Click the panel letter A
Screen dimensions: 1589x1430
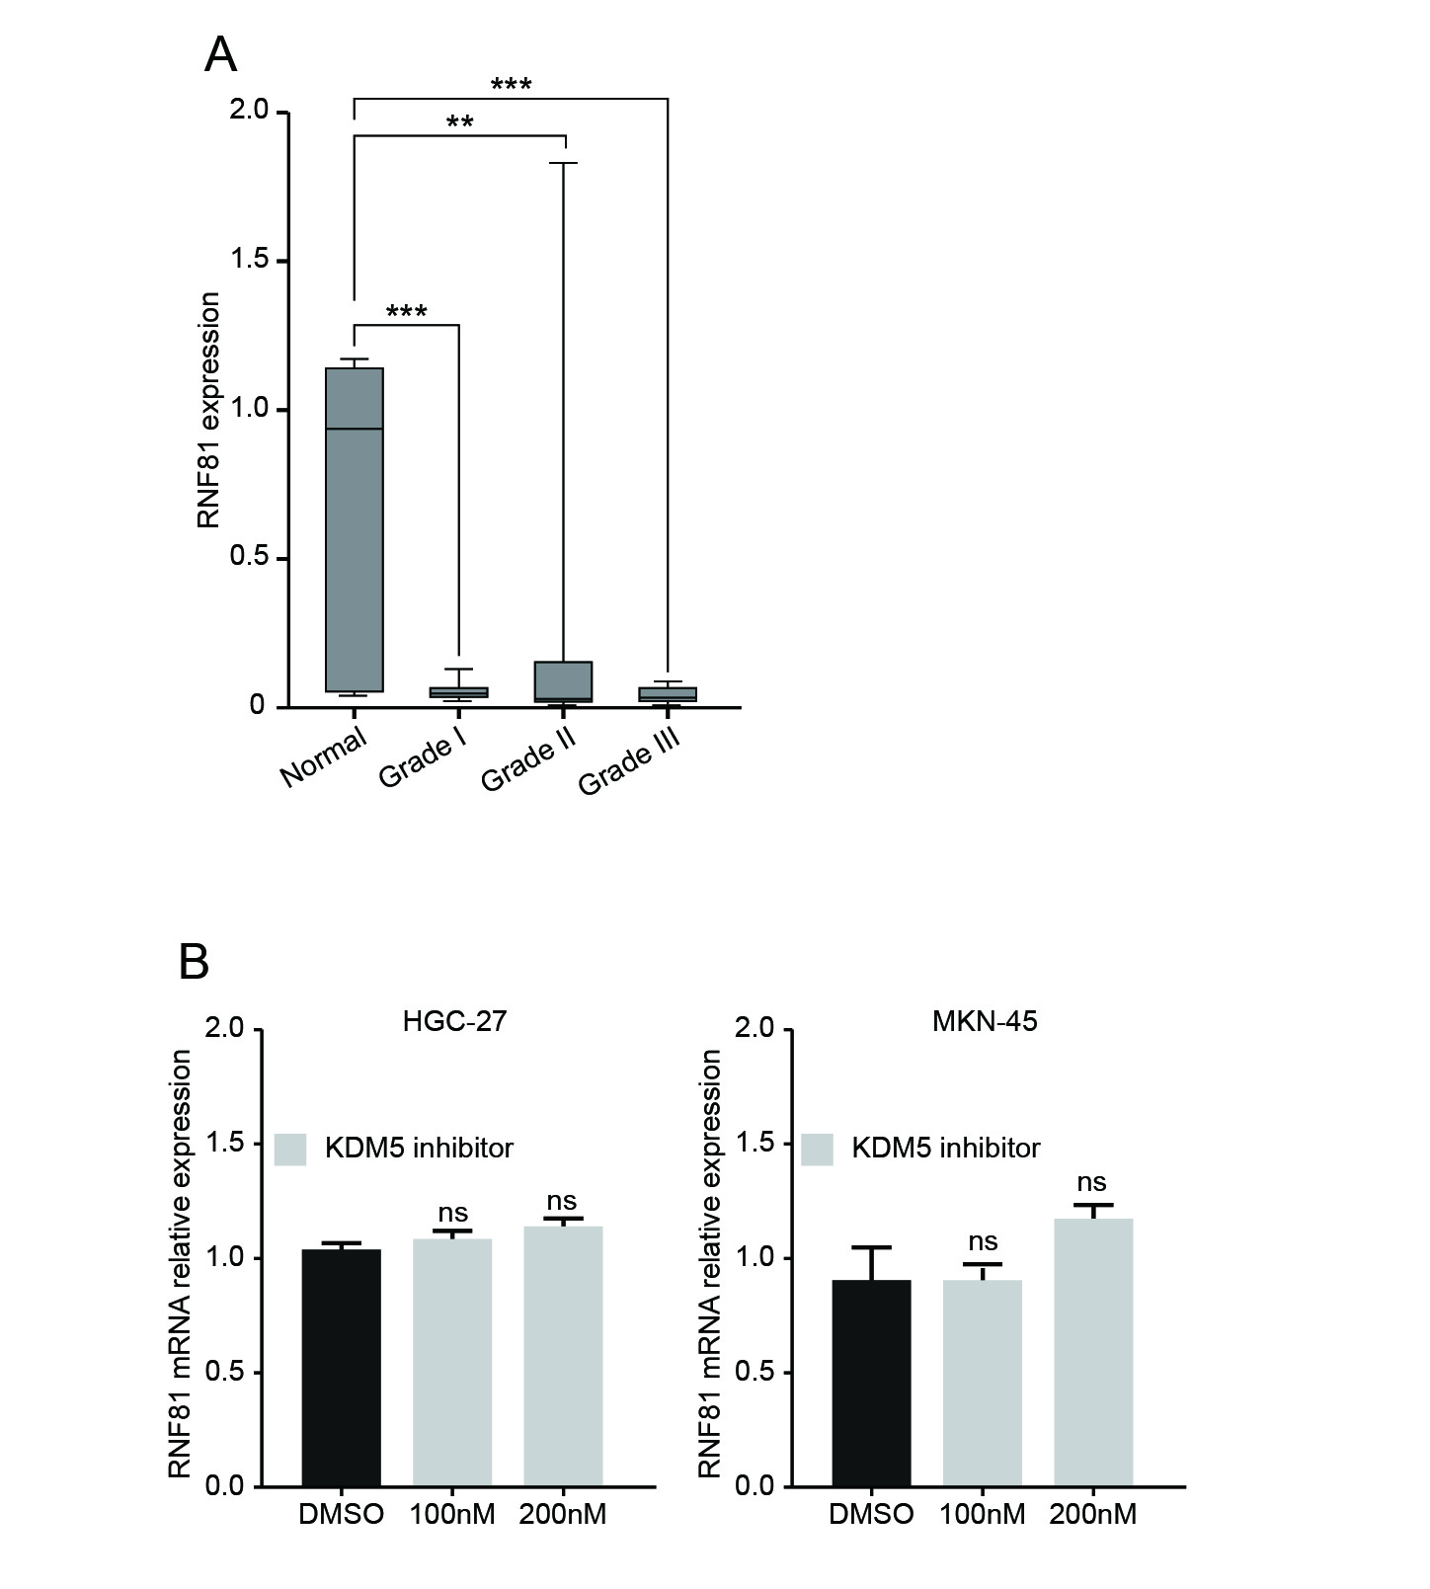coord(220,56)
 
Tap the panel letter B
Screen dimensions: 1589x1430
coord(195,961)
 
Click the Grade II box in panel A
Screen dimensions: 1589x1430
coord(563,681)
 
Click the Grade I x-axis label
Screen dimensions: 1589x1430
coord(423,758)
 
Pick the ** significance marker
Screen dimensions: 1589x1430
coord(459,123)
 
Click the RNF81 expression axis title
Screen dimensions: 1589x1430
coord(208,410)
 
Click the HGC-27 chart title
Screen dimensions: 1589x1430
coord(454,1020)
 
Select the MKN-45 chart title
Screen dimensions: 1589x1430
coord(985,1020)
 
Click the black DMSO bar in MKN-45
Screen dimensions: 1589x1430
coord(871,1383)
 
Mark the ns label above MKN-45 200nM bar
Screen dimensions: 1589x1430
coord(1091,1182)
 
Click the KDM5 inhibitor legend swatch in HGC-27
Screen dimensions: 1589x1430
coord(290,1149)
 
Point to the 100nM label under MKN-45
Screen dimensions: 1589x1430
coord(983,1514)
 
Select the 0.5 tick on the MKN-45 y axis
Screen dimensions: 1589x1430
coord(756,1372)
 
